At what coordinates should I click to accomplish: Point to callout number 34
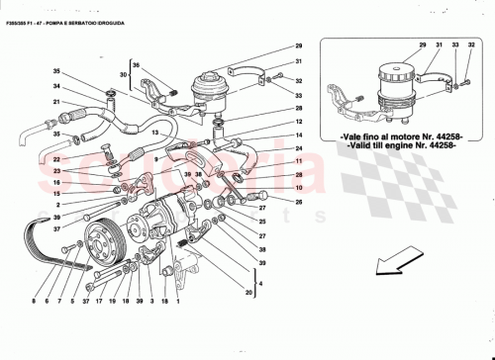57,86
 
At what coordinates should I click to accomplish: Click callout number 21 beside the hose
57,102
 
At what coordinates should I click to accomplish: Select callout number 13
154,133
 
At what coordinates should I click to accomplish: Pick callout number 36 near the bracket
137,66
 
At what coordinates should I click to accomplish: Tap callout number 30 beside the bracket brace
123,74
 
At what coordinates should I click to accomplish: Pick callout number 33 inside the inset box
454,45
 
